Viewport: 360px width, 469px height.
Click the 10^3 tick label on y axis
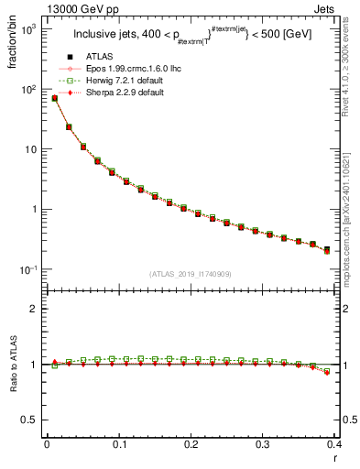coord(27,30)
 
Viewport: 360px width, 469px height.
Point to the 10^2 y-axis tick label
coord(27,90)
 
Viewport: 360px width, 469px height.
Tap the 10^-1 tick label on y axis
coord(27,269)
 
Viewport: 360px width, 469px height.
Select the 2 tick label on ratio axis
coord(34,309)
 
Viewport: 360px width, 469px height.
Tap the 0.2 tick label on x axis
coord(191,446)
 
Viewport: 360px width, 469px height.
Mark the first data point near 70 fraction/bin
coord(54,98)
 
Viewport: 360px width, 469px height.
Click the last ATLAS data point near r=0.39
coord(327,248)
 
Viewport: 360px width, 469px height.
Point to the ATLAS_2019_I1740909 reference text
coord(191,274)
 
